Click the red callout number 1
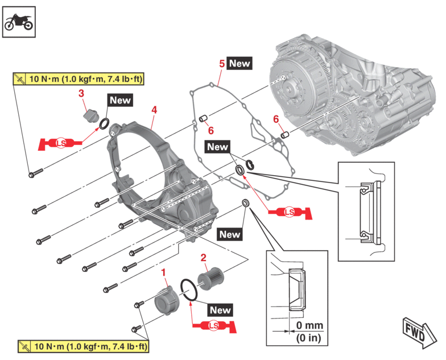164,274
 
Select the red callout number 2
203,258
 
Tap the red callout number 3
81,92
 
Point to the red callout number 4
154,109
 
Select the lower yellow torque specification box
82,346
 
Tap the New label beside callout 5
239,63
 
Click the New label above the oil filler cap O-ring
120,101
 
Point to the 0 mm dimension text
309,326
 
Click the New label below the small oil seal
229,234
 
